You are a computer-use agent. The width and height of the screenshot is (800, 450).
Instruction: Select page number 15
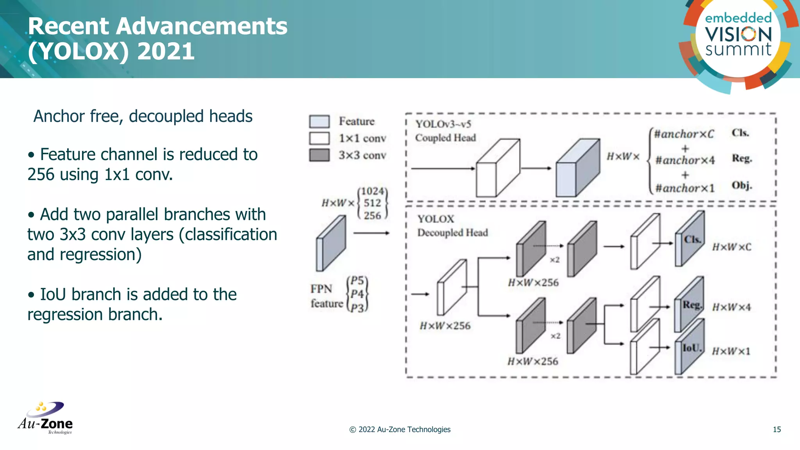[777, 430]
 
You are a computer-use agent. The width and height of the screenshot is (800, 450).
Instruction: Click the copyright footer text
[400, 430]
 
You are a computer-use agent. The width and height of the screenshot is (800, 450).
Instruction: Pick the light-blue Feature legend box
[319, 121]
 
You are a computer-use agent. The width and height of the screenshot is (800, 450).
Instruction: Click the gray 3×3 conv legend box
[319, 155]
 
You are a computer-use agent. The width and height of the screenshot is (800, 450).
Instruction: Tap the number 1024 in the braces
[372, 191]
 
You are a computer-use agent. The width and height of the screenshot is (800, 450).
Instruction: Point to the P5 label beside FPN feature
[357, 280]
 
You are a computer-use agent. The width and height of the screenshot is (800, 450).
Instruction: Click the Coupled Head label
[445, 138]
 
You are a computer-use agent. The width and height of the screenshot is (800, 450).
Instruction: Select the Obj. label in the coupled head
[741, 185]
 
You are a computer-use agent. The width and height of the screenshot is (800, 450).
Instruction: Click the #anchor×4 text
[685, 161]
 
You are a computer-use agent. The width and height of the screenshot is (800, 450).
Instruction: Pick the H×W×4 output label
[731, 307]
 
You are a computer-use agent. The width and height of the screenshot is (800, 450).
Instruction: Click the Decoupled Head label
[452, 233]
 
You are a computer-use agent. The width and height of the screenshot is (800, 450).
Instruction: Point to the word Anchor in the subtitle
[59, 116]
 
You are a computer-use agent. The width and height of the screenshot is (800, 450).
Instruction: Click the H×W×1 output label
[731, 352]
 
